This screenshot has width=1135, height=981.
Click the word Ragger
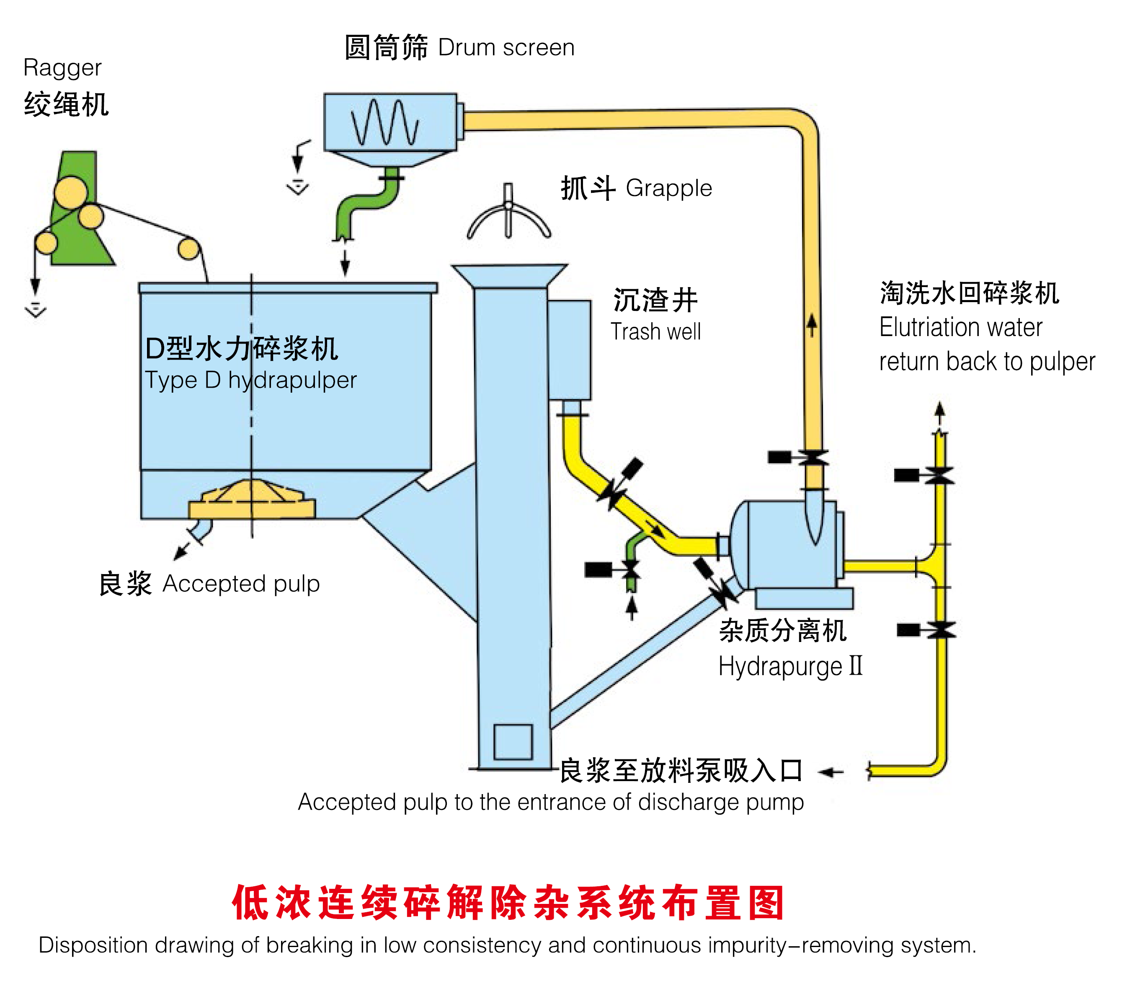tap(62, 68)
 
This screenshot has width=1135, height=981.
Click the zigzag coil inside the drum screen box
tap(384, 123)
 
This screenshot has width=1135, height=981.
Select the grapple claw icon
tap(508, 215)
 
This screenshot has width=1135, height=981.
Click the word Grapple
tap(668, 189)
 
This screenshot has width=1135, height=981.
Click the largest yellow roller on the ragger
tap(71, 192)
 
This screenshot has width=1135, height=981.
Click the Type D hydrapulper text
tap(251, 380)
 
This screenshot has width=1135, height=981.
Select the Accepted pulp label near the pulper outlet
tap(241, 584)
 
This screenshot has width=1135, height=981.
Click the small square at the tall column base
tap(513, 741)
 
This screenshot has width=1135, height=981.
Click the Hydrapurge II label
tap(790, 666)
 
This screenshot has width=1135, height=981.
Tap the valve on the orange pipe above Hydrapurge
tap(813, 458)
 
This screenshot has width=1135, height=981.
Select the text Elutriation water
tap(960, 328)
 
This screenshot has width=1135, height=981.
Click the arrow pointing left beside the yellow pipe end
tap(831, 772)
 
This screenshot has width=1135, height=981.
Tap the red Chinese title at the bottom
tap(508, 902)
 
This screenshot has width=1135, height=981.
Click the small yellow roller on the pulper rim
tap(188, 249)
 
